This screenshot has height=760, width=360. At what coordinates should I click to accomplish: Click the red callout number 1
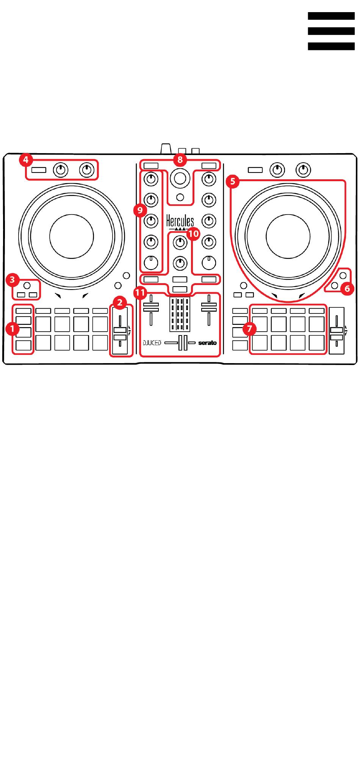pyautogui.click(x=13, y=329)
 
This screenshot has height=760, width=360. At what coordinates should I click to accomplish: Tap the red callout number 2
pyautogui.click(x=120, y=302)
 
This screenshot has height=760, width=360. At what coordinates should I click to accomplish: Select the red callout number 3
pyautogui.click(x=13, y=280)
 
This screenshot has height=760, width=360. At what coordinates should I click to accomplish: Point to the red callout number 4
pyautogui.click(x=25, y=160)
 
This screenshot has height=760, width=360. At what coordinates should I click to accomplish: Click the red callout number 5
pyautogui.click(x=232, y=181)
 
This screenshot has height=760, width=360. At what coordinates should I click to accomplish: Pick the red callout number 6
pyautogui.click(x=347, y=289)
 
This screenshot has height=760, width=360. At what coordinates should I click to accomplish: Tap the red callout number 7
pyautogui.click(x=249, y=329)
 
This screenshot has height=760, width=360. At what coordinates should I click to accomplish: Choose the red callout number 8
pyautogui.click(x=180, y=160)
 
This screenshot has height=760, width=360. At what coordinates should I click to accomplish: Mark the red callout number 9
pyautogui.click(x=140, y=209)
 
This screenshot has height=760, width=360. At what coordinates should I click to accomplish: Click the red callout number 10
pyautogui.click(x=193, y=234)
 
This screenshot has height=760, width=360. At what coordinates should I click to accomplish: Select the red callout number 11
pyautogui.click(x=140, y=292)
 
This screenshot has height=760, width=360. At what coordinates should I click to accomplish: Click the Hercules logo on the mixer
pyautogui.click(x=180, y=222)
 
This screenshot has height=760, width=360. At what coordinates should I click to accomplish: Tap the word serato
pyautogui.click(x=207, y=343)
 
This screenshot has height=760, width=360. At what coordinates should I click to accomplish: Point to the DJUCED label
pyautogui.click(x=152, y=343)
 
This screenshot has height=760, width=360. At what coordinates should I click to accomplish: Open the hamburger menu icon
pyautogui.click(x=331, y=31)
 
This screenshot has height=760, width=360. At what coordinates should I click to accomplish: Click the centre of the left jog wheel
pyautogui.click(x=71, y=236)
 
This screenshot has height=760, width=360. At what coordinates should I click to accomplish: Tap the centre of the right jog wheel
pyautogui.click(x=288, y=236)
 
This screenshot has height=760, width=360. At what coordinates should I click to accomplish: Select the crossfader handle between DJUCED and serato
pyautogui.click(x=183, y=343)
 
